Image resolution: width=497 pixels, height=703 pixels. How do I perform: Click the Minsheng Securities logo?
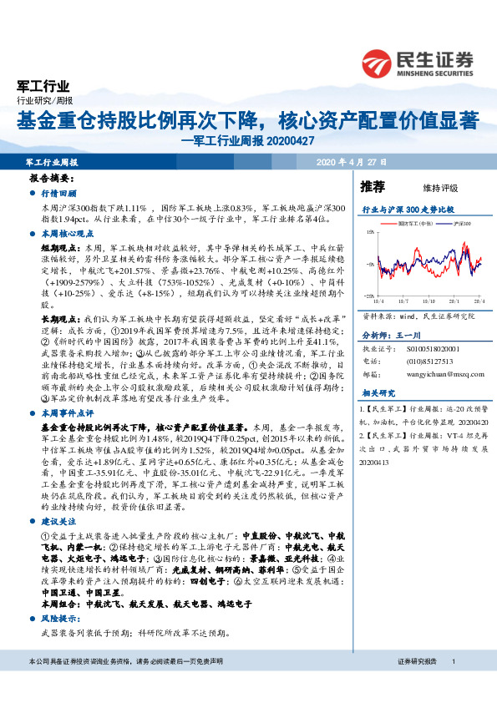pos(418,60)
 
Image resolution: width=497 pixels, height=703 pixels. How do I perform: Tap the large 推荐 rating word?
pos(373,186)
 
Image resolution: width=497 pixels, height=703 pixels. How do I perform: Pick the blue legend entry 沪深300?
pos(461,225)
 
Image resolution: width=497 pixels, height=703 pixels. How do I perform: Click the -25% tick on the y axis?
pos(368,296)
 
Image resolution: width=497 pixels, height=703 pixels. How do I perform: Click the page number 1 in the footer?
pos(453,661)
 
